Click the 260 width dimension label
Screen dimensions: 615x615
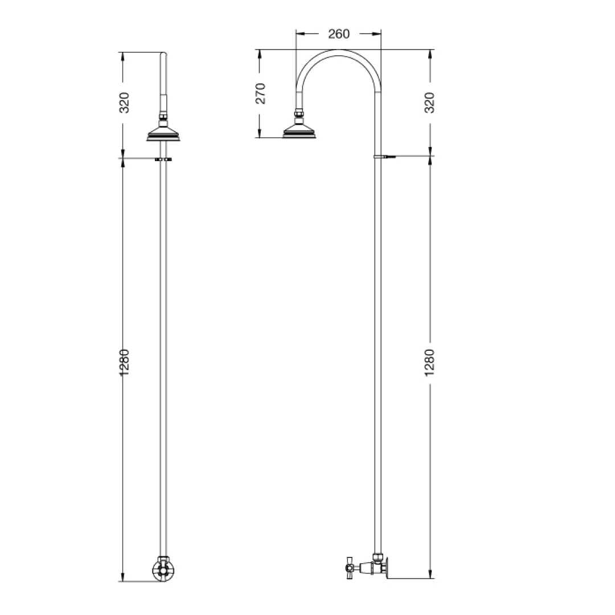[339, 34]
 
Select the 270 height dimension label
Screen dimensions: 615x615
[260, 93]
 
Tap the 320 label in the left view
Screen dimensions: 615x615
[124, 102]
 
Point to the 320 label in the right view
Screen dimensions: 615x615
[429, 102]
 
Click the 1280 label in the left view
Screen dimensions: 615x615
[124, 362]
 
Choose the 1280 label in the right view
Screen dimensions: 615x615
[429, 362]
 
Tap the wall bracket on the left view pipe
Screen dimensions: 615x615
[163, 159]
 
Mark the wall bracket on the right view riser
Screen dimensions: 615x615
[382, 155]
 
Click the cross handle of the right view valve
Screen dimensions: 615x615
[350, 567]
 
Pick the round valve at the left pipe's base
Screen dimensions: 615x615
[162, 568]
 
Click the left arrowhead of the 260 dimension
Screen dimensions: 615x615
[300, 34]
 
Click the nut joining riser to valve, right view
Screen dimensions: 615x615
[378, 557]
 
